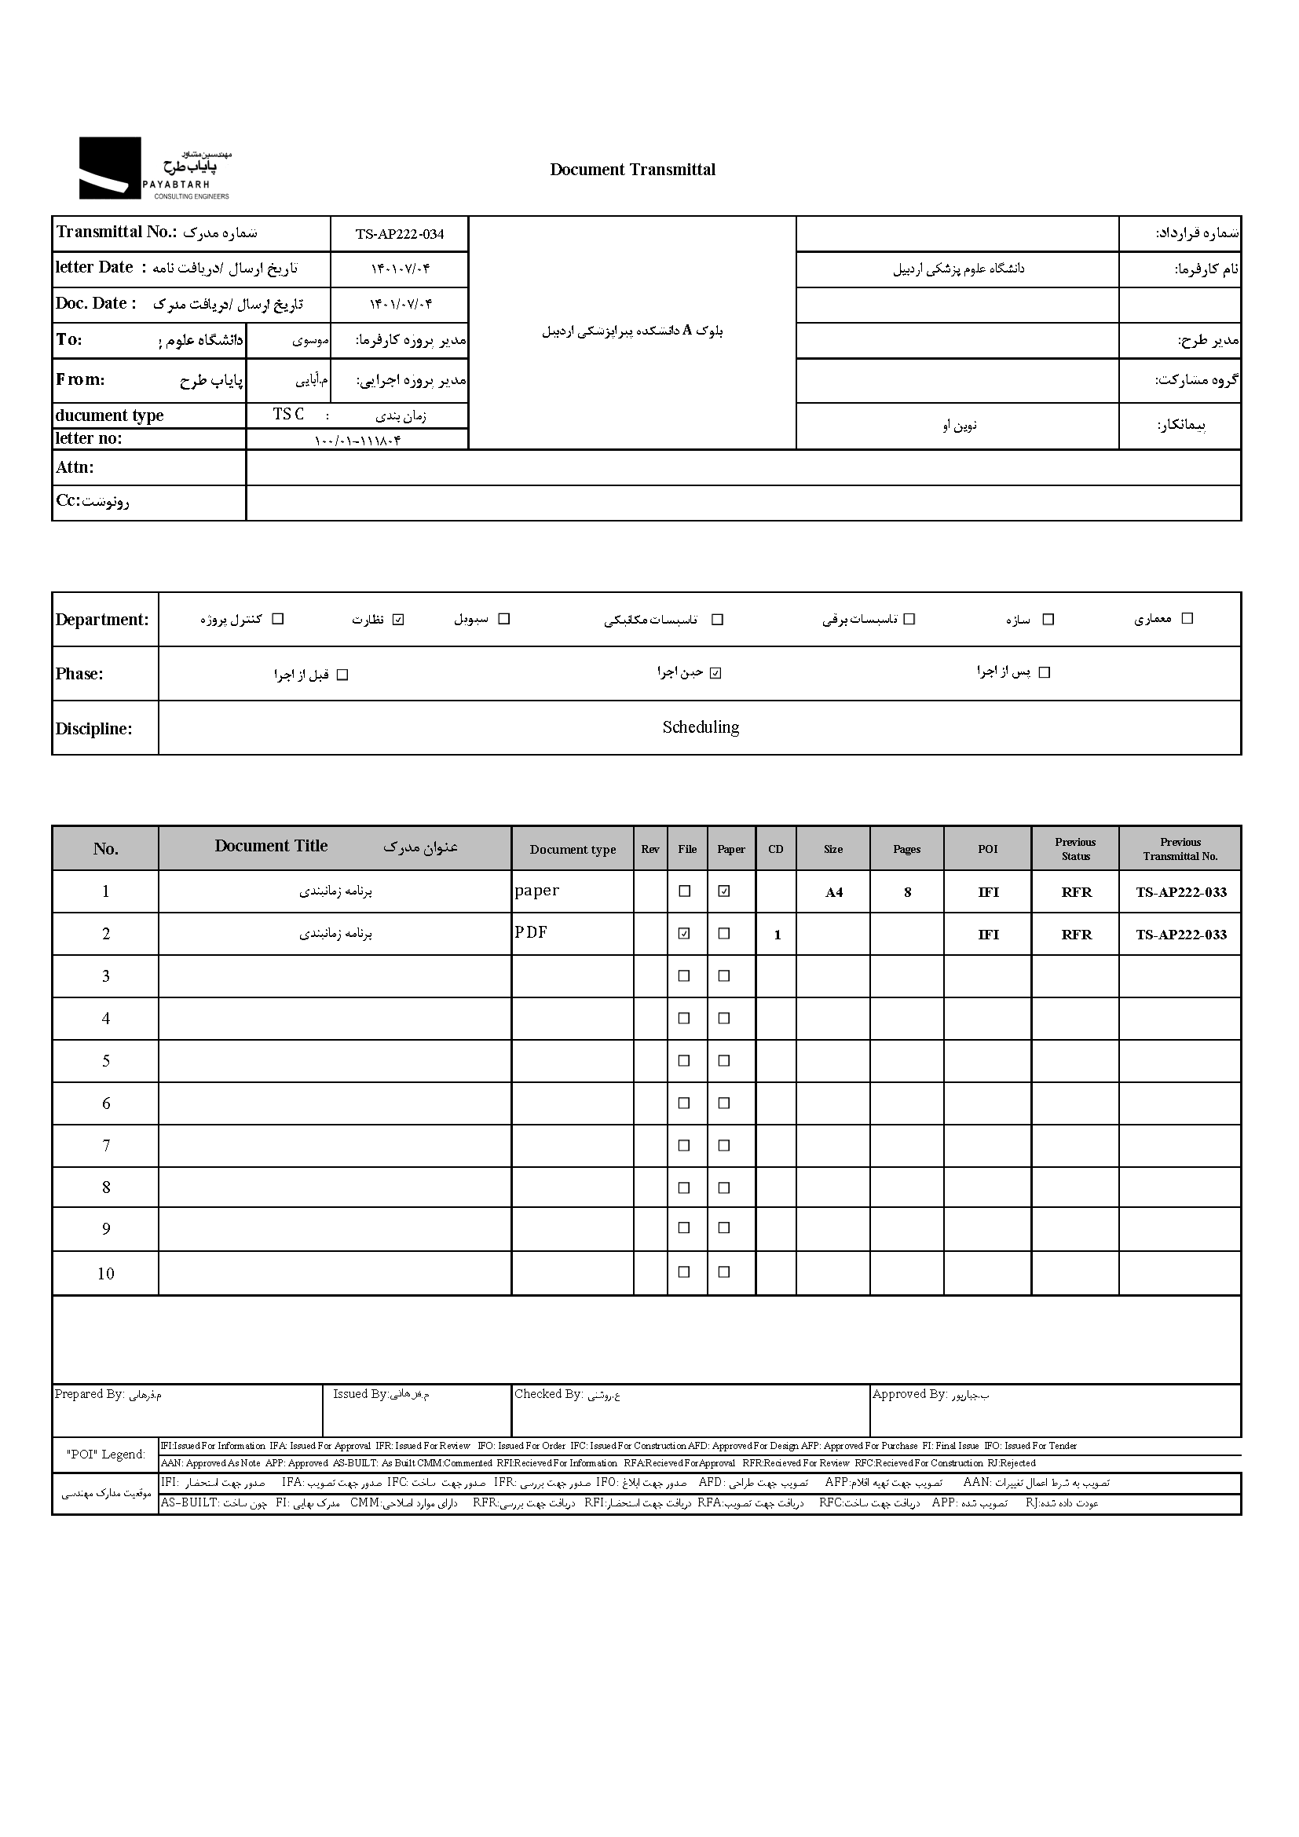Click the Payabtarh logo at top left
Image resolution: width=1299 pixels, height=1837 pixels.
click(x=155, y=168)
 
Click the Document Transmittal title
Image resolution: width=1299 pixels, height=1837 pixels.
click(x=632, y=170)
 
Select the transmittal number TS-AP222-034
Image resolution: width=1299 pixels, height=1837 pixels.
click(x=399, y=234)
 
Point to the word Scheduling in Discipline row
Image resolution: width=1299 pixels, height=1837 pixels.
click(x=700, y=727)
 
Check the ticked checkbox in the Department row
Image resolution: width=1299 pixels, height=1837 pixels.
click(x=398, y=619)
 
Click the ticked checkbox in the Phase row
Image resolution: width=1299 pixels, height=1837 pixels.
click(x=715, y=673)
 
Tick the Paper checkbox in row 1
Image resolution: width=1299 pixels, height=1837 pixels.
click(x=724, y=891)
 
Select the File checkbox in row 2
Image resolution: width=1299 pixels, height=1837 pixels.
click(x=684, y=933)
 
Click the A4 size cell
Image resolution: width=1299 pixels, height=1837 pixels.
click(x=833, y=892)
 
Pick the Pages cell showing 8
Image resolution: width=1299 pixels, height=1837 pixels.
click(x=907, y=892)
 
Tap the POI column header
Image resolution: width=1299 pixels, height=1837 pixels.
click(x=988, y=849)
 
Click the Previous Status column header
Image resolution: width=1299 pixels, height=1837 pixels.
click(x=1075, y=849)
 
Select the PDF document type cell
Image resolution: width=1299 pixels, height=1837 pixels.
click(x=531, y=932)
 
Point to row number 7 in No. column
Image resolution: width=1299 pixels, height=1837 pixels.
click(x=105, y=1146)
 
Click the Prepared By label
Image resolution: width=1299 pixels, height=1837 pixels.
click(x=89, y=1394)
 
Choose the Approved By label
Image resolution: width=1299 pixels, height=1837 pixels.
click(x=909, y=1394)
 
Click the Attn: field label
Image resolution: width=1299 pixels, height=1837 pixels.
click(x=75, y=467)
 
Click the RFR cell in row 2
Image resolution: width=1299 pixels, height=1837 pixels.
click(x=1076, y=935)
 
